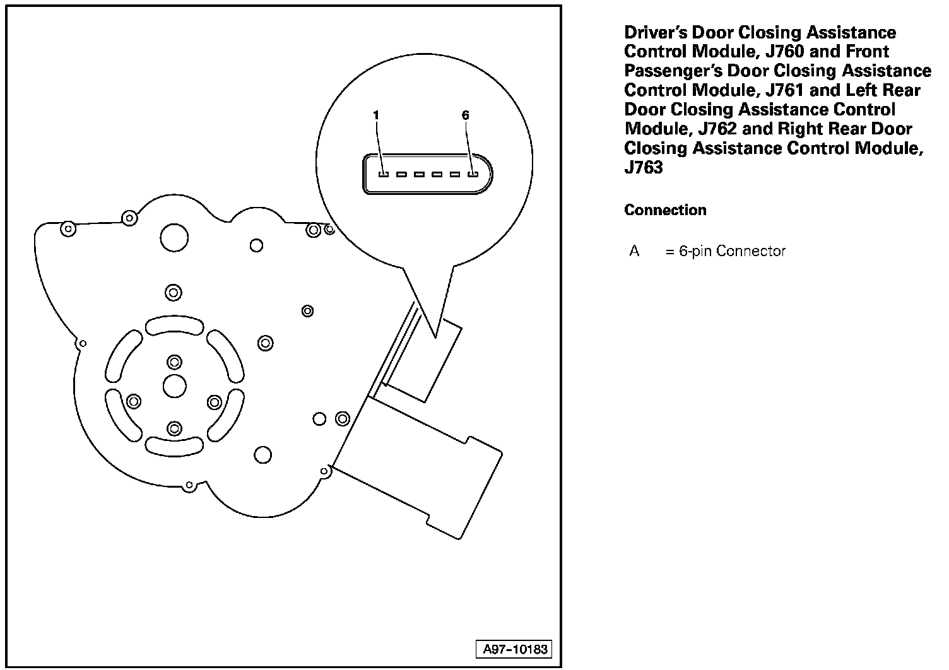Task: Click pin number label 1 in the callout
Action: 376,115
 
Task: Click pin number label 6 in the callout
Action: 466,115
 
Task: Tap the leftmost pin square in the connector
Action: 382,173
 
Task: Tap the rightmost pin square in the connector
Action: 472,173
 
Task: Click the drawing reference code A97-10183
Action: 514,649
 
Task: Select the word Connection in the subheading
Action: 665,211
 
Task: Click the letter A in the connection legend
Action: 634,251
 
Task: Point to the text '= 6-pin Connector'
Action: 725,251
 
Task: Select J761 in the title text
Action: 785,90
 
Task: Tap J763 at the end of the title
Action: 644,168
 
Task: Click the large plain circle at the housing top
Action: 174,237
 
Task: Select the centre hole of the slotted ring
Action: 174,385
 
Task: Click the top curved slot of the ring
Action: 174,326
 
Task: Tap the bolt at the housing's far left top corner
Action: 68,228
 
